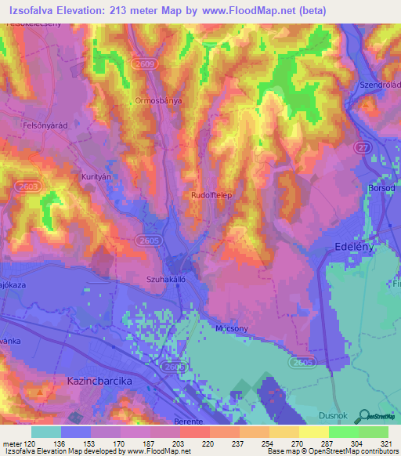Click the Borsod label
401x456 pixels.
coord(382,189)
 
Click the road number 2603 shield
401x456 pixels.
coord(29,185)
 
